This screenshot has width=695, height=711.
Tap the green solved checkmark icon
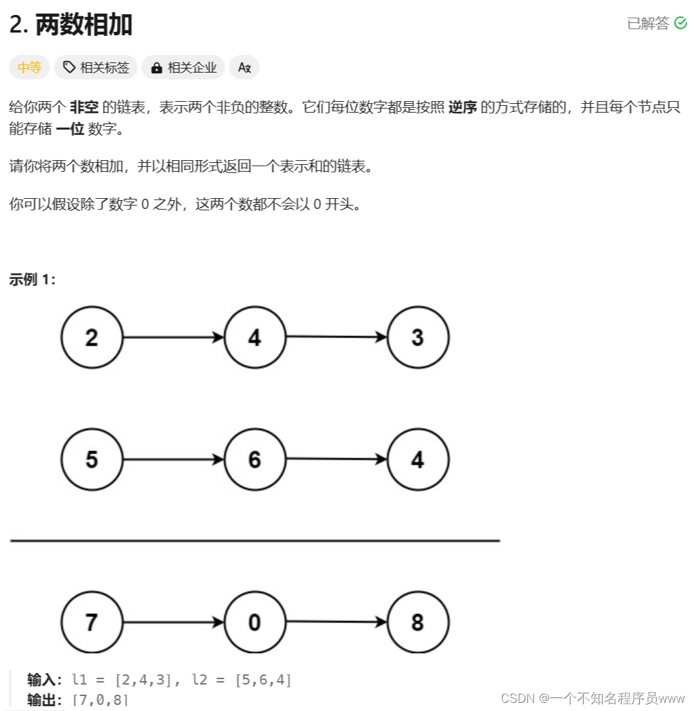pyautogui.click(x=681, y=24)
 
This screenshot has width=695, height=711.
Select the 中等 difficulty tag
pyautogui.click(x=29, y=67)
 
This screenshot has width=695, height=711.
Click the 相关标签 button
pyautogui.click(x=96, y=67)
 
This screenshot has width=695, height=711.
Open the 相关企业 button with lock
pyautogui.click(x=184, y=67)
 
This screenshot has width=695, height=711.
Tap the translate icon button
pyautogui.click(x=244, y=67)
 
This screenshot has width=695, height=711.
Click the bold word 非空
pyautogui.click(x=84, y=107)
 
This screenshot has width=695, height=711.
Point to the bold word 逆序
pyautogui.click(x=463, y=107)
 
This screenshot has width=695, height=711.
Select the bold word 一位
pyautogui.click(x=70, y=129)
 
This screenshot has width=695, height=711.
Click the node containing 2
pyautogui.click(x=92, y=337)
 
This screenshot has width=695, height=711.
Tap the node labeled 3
pyautogui.click(x=417, y=337)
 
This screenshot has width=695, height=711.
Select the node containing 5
pyautogui.click(x=92, y=459)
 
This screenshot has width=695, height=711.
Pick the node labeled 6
pyautogui.click(x=255, y=459)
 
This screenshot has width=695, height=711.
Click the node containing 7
pyautogui.click(x=92, y=622)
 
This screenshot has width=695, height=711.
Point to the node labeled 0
pyautogui.click(x=255, y=622)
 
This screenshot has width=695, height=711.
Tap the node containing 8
pyautogui.click(x=417, y=622)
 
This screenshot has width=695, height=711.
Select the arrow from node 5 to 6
pyautogui.click(x=173, y=459)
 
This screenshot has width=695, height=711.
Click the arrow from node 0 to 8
pyautogui.click(x=336, y=622)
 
